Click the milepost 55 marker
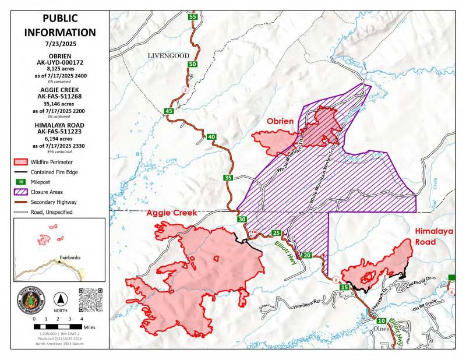click(192, 17)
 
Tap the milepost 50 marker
click(192, 64)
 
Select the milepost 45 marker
click(170, 111)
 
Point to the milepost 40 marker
click(211, 137)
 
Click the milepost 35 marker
click(228, 178)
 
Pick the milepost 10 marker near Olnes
click(381, 321)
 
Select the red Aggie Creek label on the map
click(172, 213)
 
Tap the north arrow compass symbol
click(59, 299)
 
